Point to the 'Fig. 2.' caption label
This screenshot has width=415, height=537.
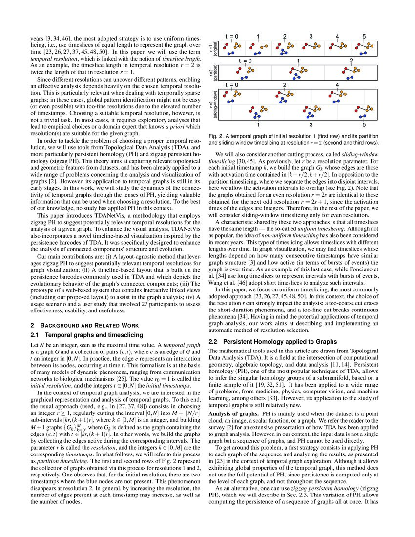[x=215, y=135]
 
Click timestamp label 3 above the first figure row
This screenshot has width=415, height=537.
[x=311, y=37]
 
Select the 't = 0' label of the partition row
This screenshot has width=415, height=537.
[x=245, y=61]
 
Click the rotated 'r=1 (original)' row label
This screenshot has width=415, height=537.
[x=213, y=48]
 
